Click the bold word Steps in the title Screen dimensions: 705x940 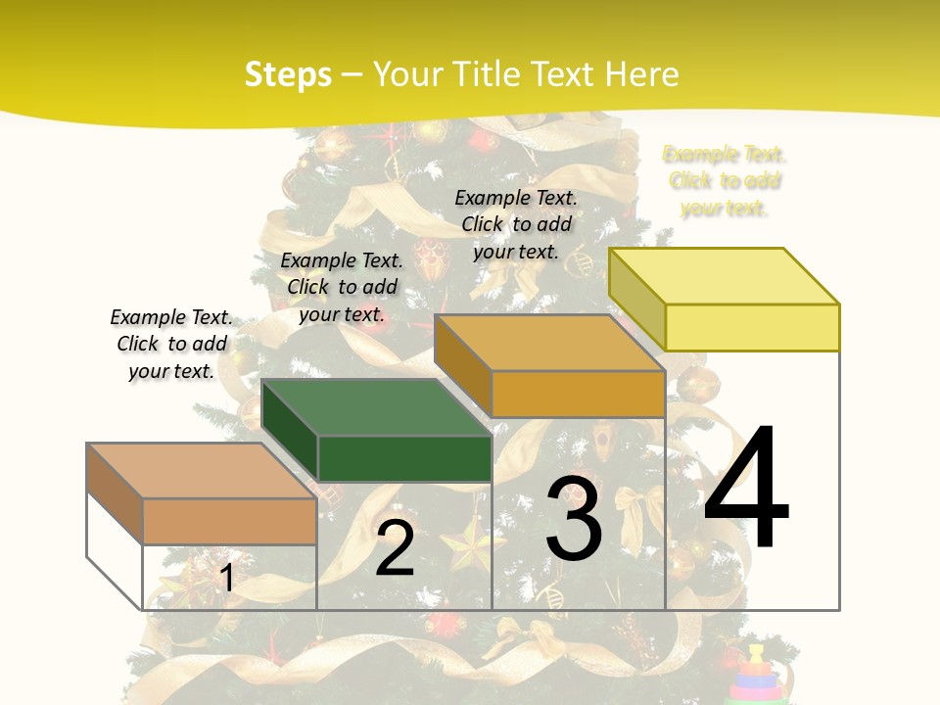[288, 74]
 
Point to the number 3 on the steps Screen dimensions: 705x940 [574, 520]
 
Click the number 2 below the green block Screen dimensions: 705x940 [395, 549]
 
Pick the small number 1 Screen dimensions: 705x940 [226, 579]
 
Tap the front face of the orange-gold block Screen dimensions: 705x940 [578, 395]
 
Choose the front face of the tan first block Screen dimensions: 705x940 [229, 521]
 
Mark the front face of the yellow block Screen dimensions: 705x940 [752, 327]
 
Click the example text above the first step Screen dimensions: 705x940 [171, 344]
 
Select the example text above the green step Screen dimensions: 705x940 [342, 287]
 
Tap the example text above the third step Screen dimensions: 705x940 [516, 224]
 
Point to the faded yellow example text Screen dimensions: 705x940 [725, 181]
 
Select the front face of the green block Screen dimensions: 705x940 [404, 458]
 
